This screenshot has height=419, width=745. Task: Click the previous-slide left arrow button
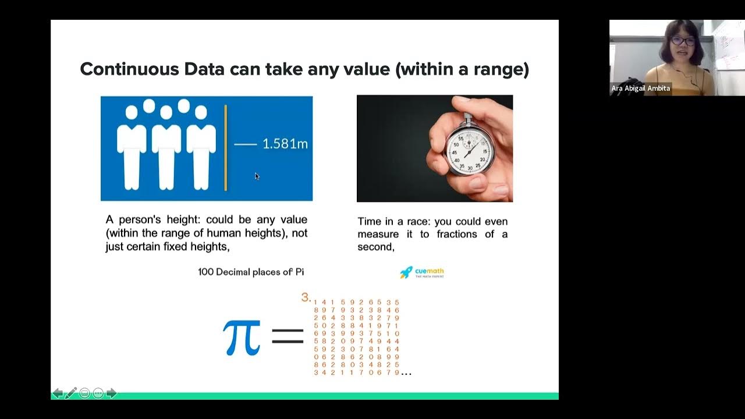tap(58, 393)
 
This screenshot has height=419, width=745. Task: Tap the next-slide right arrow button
tap(111, 393)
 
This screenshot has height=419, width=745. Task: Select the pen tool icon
tap(71, 393)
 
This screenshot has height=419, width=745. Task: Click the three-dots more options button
tap(98, 393)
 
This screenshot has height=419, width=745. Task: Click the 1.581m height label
tap(285, 144)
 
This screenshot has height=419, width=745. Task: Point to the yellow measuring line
tap(225, 148)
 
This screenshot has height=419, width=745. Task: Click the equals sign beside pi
tap(288, 336)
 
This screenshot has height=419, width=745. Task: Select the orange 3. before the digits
tap(306, 298)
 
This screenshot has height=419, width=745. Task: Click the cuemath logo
tap(422, 272)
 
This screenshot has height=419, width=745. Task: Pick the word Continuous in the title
tap(129, 69)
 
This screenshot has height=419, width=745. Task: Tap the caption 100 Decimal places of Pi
tap(251, 272)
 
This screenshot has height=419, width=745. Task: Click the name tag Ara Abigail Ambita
tap(640, 88)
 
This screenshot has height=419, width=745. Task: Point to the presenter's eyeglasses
tap(682, 41)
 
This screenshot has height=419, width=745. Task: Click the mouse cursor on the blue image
tap(257, 176)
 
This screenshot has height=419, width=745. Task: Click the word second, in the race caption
tap(376, 247)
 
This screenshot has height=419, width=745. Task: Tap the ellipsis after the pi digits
tap(406, 372)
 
